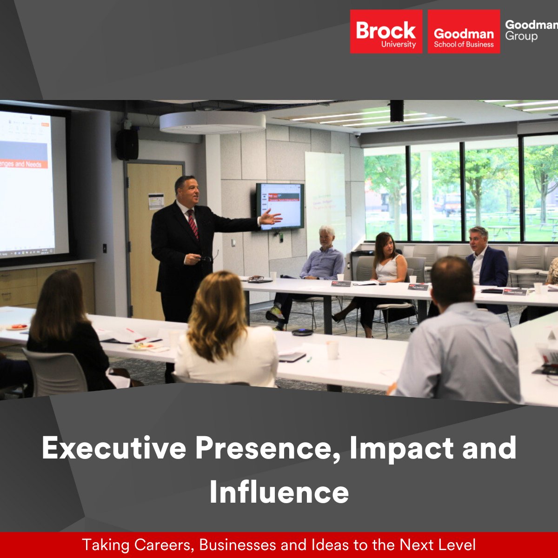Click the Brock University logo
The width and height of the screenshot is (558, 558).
point(386,32)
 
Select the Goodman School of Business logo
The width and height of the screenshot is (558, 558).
point(464,32)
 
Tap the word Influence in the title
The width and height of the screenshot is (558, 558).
point(279,492)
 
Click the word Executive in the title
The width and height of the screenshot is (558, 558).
point(114,448)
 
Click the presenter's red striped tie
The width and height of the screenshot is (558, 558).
point(193,223)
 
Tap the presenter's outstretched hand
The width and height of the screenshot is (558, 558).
point(270,217)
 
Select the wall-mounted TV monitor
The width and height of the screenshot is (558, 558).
point(280,206)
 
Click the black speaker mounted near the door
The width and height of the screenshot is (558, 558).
point(127,144)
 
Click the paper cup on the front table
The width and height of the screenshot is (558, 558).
point(332,350)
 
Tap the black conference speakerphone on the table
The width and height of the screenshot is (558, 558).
point(302,332)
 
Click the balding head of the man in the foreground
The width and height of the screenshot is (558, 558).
point(451,277)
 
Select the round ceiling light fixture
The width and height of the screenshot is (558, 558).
point(213,122)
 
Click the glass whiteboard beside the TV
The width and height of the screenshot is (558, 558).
point(325,195)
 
